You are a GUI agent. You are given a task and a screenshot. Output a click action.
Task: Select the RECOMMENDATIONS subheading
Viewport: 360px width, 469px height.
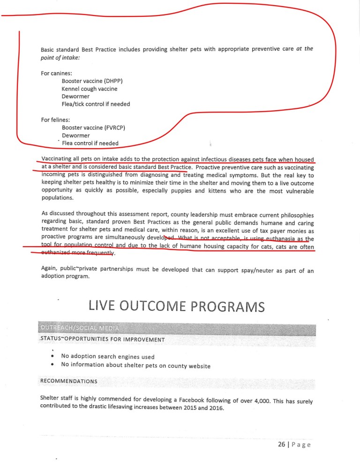pyautogui.click(x=69, y=381)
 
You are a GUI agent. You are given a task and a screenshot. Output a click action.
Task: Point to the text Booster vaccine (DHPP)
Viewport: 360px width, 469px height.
pyautogui.click(x=92, y=80)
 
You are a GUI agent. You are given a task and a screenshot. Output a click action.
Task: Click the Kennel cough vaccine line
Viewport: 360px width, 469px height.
pyautogui.click(x=90, y=88)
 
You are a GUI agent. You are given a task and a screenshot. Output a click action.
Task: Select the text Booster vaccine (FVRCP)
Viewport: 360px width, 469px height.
pyautogui.click(x=93, y=127)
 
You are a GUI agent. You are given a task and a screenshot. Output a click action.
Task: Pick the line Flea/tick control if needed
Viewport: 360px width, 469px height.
pyautogui.click(x=96, y=104)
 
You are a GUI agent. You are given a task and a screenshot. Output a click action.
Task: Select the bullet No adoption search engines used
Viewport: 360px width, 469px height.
pyautogui.click(x=107, y=356)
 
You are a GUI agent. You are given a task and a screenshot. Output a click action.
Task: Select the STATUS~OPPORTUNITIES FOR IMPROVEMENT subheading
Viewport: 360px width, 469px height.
pyautogui.click(x=103, y=339)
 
